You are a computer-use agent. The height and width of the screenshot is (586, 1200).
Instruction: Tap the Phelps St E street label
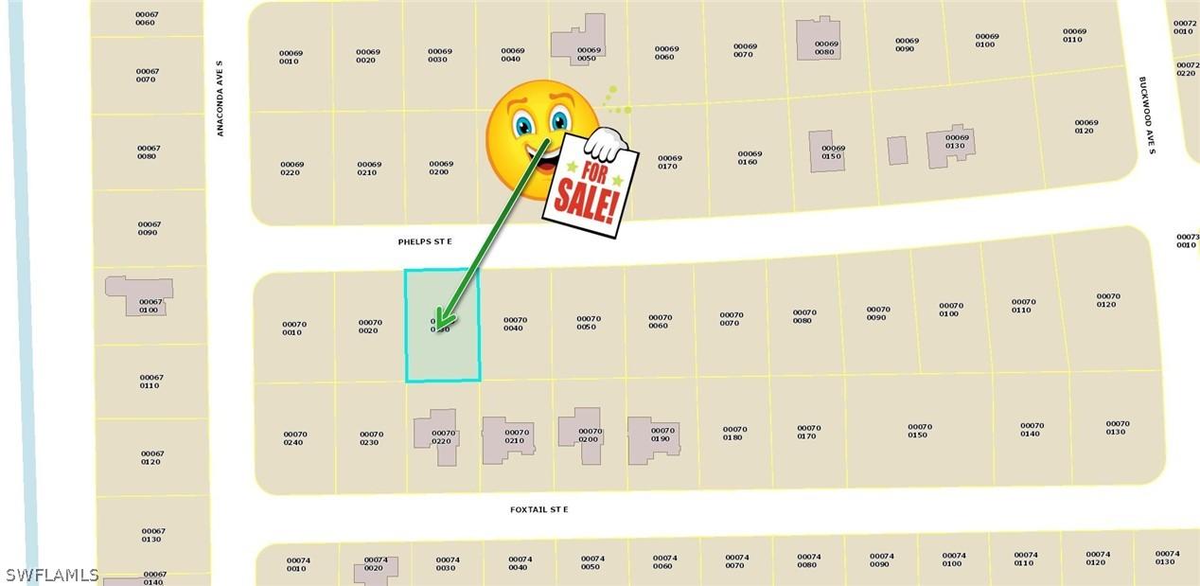pyautogui.click(x=425, y=242)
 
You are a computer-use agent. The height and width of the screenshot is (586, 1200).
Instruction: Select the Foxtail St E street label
pyautogui.click(x=539, y=510)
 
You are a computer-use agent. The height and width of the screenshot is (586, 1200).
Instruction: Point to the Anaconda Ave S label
pyautogui.click(x=220, y=98)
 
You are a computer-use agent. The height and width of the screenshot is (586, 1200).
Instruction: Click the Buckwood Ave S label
pyautogui.click(x=1147, y=116)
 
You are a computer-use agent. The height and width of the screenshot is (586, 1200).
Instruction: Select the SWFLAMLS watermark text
pyautogui.click(x=52, y=575)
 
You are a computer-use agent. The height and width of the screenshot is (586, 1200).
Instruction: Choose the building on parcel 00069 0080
pyautogui.click(x=818, y=40)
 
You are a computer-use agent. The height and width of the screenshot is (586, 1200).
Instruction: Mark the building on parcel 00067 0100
pyautogui.click(x=138, y=295)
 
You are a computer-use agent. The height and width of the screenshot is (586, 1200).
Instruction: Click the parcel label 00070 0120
pyautogui.click(x=1108, y=301)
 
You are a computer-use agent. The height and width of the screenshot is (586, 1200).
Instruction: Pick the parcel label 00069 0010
pyautogui.click(x=290, y=57)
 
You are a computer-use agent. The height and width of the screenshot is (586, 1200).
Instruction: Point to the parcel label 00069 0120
pyautogui.click(x=1085, y=126)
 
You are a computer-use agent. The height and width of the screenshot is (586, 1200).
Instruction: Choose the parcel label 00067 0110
pyautogui.click(x=151, y=382)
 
